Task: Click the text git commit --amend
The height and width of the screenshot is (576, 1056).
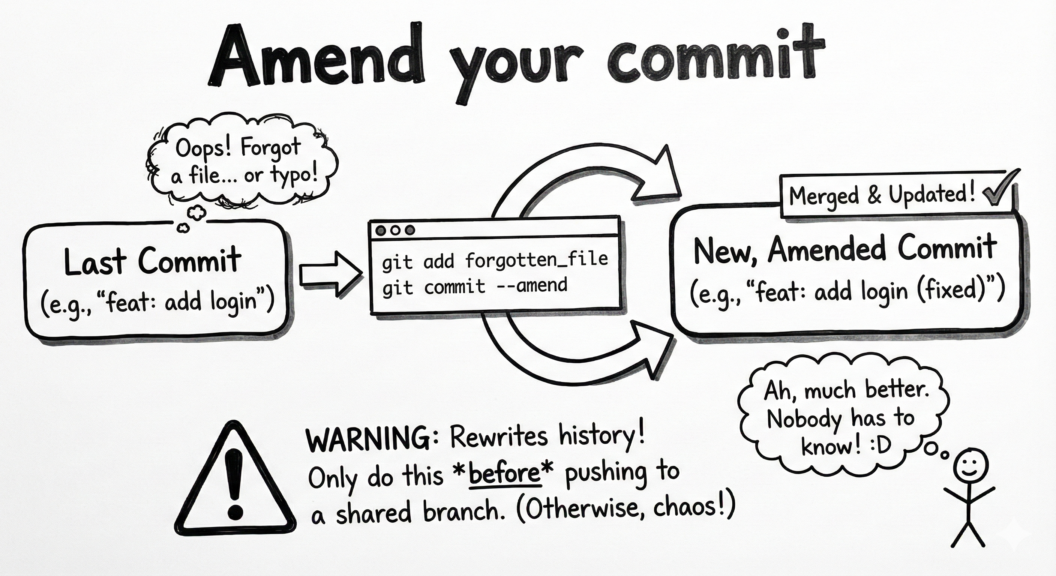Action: (x=475, y=286)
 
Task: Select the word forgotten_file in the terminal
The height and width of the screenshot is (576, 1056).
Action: (x=537, y=260)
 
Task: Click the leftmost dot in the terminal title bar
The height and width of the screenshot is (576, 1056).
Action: (x=381, y=230)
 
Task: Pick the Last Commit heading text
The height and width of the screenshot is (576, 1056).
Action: (x=153, y=261)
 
